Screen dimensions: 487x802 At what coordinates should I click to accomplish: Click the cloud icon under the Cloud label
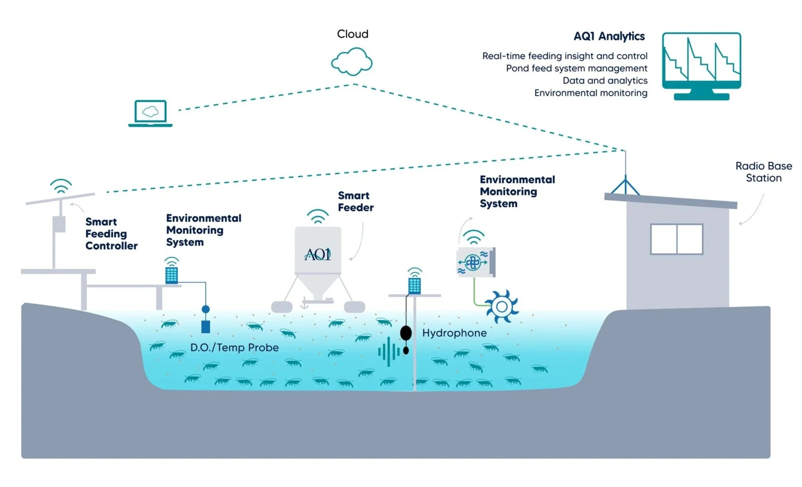352,62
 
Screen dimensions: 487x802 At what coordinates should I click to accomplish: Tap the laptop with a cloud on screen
150,113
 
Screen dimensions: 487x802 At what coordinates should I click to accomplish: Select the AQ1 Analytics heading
609,36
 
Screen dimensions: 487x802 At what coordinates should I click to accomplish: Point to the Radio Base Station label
763,172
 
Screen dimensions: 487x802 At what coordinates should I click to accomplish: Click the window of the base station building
676,239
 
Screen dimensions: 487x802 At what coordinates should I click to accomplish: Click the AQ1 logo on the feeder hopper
318,254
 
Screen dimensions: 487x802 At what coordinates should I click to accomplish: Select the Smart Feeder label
355,202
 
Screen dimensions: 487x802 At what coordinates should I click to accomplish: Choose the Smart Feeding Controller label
111,234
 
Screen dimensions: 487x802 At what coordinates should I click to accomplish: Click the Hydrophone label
454,333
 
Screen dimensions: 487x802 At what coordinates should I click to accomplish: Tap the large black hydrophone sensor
406,333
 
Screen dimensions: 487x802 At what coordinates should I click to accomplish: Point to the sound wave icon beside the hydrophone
388,352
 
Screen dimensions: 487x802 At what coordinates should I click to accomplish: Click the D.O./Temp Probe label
234,348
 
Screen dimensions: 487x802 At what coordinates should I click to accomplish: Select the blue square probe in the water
206,327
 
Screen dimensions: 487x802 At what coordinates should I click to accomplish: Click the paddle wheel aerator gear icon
502,307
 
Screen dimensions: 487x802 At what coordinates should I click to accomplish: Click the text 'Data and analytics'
605,81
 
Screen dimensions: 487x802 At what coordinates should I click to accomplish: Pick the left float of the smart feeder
282,307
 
